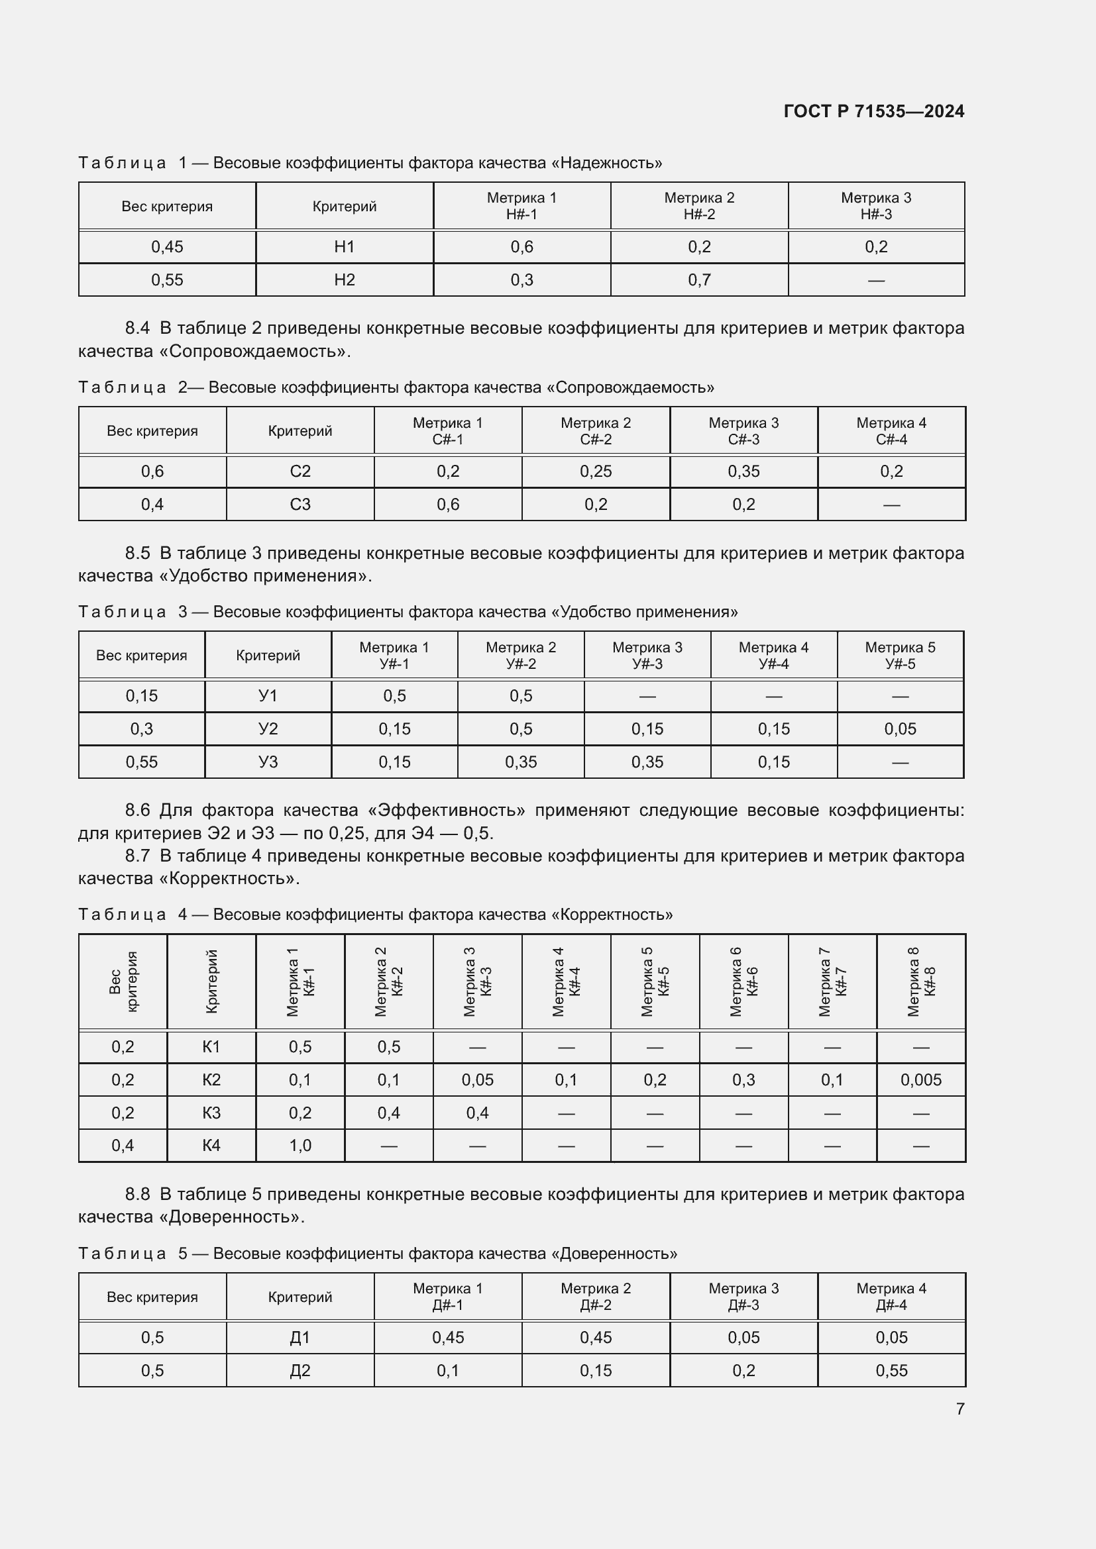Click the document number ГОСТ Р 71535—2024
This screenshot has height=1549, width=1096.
click(x=874, y=111)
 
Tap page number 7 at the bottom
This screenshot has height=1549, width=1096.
click(x=959, y=1409)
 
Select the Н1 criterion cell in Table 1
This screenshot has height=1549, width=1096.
click(x=344, y=247)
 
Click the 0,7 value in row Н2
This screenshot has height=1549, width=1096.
click(x=699, y=280)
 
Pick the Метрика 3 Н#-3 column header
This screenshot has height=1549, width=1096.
click(x=876, y=206)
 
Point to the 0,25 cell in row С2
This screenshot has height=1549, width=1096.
click(x=596, y=472)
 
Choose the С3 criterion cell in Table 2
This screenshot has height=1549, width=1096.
click(x=300, y=505)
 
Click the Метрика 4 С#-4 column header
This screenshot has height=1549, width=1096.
click(x=891, y=431)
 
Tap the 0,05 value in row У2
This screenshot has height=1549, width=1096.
click(x=901, y=729)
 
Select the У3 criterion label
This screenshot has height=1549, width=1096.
click(x=268, y=762)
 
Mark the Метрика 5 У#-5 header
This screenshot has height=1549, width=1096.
click(x=901, y=656)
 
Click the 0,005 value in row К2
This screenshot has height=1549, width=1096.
click(x=920, y=1080)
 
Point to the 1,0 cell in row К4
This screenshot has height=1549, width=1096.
click(x=300, y=1146)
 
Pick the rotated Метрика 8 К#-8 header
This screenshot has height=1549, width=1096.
click(x=921, y=981)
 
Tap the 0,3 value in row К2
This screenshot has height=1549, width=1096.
click(x=743, y=1080)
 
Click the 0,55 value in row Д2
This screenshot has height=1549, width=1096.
click(x=891, y=1371)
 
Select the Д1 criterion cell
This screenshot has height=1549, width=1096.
click(x=300, y=1338)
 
